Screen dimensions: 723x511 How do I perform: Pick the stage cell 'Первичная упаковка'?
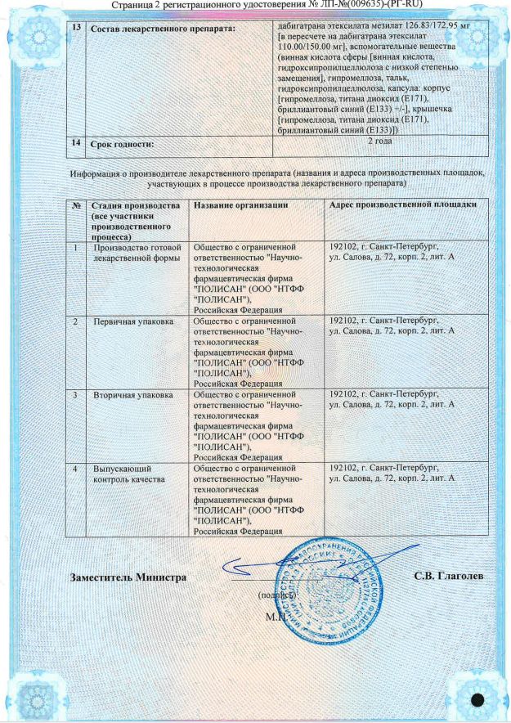(132, 322)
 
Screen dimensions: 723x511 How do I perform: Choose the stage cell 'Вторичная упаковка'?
(132, 395)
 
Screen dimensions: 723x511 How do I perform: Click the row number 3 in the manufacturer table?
(75, 395)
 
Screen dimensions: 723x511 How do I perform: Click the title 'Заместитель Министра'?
(128, 577)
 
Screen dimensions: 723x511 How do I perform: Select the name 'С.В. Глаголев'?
(449, 577)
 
